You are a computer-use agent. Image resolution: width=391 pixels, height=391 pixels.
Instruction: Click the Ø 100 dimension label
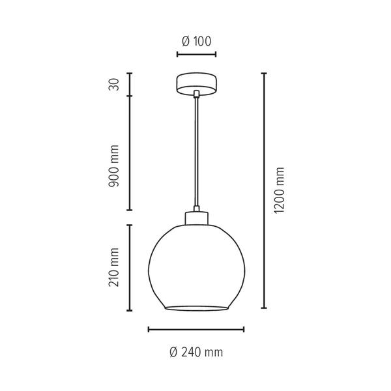click(196, 42)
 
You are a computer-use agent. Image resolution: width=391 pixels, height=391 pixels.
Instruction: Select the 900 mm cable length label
click(115, 167)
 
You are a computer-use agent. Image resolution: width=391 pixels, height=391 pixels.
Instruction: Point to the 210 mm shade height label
click(115, 267)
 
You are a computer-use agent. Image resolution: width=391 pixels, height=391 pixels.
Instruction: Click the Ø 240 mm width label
click(196, 353)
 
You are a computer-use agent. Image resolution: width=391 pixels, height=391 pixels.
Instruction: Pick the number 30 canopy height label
click(115, 85)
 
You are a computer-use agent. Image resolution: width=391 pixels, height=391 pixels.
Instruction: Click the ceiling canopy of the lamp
click(196, 84)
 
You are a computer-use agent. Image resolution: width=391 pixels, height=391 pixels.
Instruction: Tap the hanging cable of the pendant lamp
click(196, 156)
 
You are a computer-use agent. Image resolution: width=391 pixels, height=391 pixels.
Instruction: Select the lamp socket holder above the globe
click(196, 219)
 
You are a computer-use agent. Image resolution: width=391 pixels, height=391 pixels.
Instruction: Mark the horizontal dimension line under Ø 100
click(196, 55)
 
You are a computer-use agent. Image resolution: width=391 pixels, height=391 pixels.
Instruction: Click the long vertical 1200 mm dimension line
click(264, 191)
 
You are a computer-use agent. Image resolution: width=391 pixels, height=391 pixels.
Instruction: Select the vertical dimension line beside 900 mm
click(130, 153)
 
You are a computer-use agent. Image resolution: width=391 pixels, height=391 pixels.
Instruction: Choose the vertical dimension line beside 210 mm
click(130, 267)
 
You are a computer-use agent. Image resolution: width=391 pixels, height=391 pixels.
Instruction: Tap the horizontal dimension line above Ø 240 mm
click(196, 329)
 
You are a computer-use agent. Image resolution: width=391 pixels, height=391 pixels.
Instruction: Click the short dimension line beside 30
click(130, 85)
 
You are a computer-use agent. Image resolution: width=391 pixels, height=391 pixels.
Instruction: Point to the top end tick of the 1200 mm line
click(264, 74)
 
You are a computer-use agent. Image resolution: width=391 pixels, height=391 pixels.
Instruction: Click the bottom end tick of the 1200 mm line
click(264, 308)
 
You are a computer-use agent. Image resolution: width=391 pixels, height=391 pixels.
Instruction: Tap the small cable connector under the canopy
click(196, 96)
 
